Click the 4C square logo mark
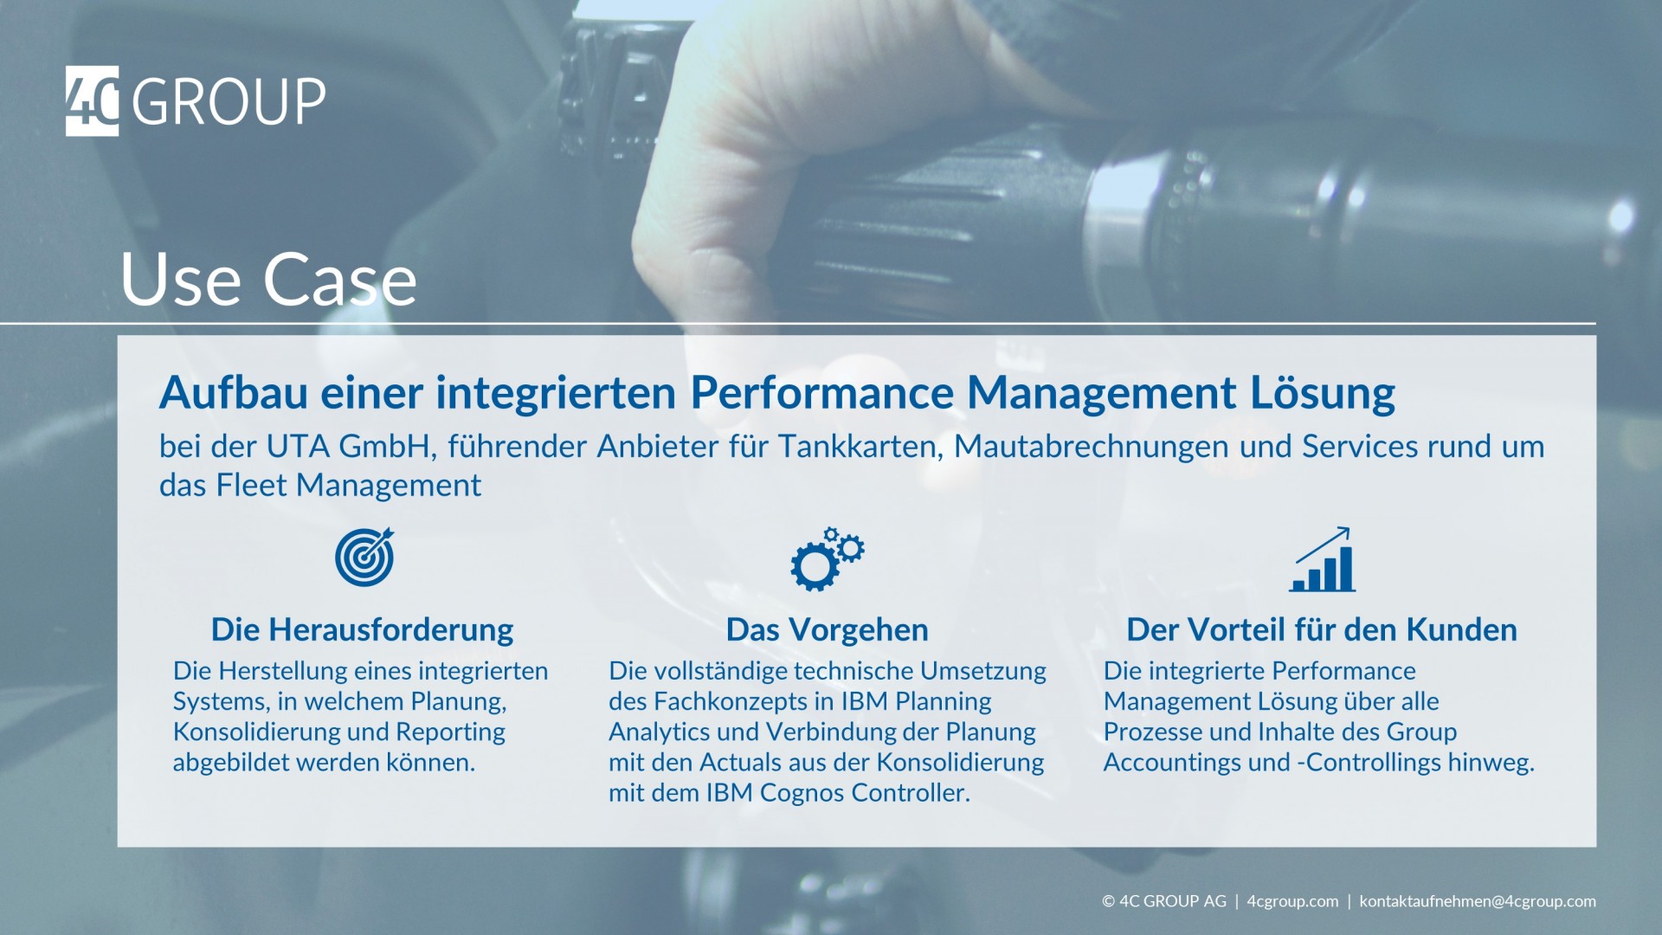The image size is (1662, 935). pos(92,100)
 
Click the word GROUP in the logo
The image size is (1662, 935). pos(229,102)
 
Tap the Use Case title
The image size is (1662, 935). pos(268,279)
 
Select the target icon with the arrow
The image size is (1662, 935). pos(364,557)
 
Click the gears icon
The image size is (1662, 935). pos(827,558)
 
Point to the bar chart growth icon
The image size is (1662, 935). pos(1322,559)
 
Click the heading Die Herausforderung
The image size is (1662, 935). pos(362,629)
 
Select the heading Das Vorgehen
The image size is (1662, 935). pos(827,630)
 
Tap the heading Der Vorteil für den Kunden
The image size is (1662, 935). pos(1321,629)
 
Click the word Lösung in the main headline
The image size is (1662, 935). pos(1323,393)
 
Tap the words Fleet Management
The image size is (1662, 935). pos(348,486)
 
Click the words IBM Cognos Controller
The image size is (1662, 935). pos(837,793)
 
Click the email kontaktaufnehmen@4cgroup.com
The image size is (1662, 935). pos(1478,901)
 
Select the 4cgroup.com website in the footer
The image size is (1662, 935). pos(1292,901)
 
